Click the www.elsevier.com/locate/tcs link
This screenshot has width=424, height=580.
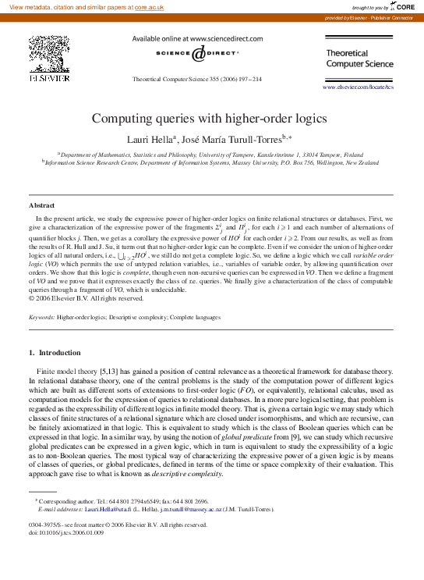pyautogui.click(x=358, y=87)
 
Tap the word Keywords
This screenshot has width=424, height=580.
pyautogui.click(x=41, y=318)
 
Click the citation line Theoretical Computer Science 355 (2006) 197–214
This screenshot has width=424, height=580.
pyautogui.click(x=197, y=79)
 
